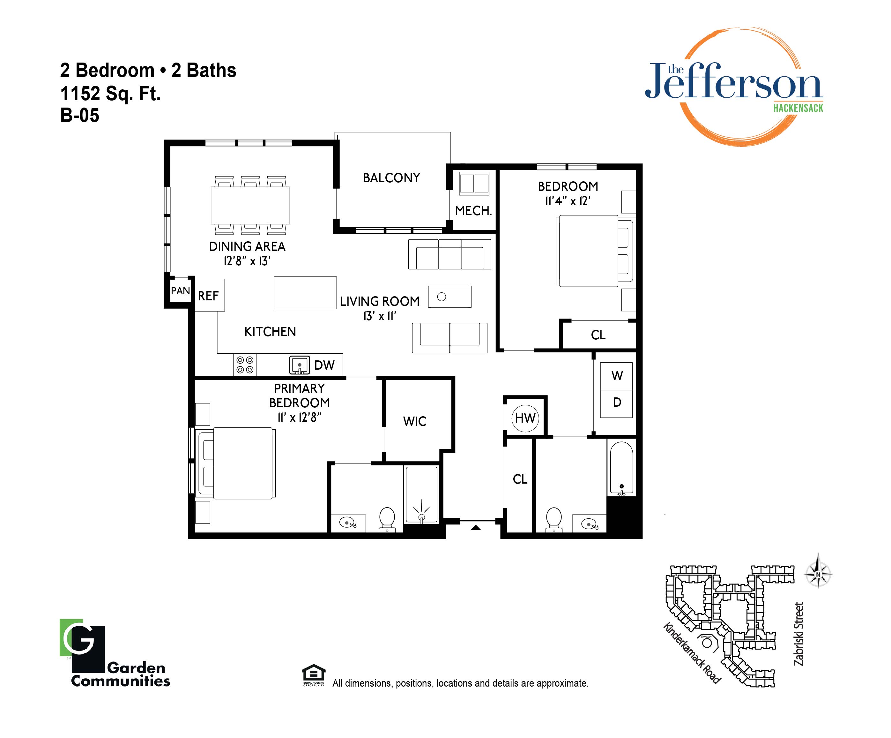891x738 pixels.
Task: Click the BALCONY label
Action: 391,177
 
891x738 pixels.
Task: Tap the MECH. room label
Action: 473,211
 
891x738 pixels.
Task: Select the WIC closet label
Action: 414,421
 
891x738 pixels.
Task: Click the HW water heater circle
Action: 525,419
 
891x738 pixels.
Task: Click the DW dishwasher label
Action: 324,365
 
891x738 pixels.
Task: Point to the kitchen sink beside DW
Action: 300,365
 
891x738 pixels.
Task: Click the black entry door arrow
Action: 476,528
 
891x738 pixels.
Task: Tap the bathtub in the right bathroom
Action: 621,468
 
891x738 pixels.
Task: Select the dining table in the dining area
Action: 250,206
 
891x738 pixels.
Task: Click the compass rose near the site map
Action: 818,575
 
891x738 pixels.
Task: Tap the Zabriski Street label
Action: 798,634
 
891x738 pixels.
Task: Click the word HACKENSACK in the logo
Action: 798,108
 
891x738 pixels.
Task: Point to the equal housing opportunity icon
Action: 314,675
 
